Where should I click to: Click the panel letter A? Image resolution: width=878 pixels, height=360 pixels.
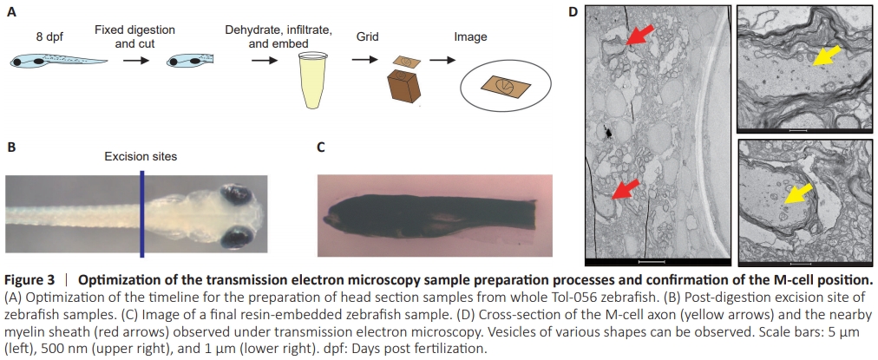[11, 11]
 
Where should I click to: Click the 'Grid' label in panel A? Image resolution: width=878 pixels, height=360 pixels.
[368, 37]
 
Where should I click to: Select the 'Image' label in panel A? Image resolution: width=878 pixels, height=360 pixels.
[471, 37]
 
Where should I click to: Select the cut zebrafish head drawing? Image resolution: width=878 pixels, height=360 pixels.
[189, 62]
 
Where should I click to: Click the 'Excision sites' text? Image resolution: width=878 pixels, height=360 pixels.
[141, 156]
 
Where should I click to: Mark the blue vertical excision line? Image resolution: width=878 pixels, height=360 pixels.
[141, 213]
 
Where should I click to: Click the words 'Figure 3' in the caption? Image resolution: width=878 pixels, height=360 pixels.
[29, 280]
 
